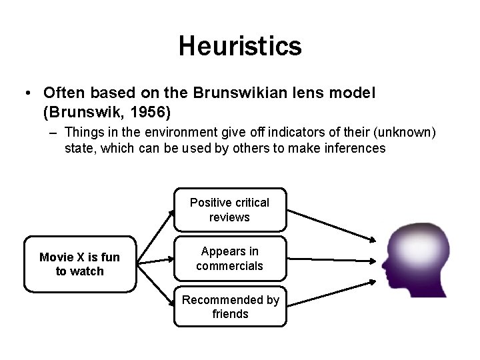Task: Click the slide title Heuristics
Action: [x=240, y=46]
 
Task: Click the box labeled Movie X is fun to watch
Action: [x=80, y=264]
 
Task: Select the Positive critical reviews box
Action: [x=229, y=209]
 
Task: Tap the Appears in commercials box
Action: [x=229, y=258]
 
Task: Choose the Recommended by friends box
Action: [x=230, y=307]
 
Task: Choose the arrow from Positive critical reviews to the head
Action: [x=330, y=226]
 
